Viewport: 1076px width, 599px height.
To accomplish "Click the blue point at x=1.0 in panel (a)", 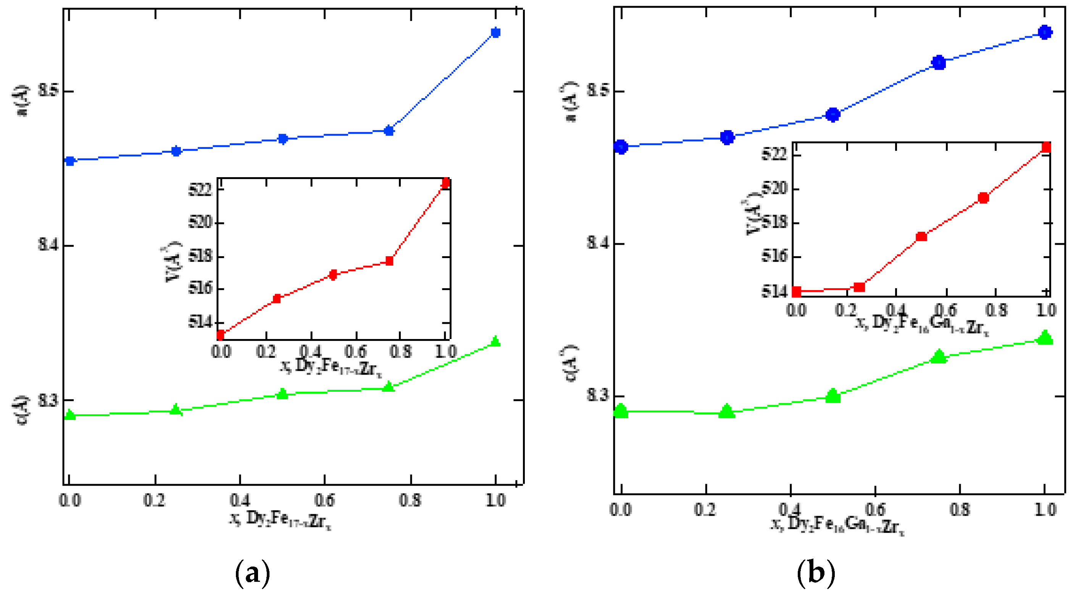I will coord(495,32).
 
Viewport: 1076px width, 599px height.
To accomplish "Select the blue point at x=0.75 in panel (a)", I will coord(389,131).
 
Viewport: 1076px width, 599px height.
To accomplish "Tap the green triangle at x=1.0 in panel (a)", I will coord(495,341).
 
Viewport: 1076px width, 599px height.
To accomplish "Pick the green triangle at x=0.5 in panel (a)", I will coord(283,394).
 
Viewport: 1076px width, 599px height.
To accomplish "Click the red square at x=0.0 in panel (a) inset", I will coord(220,334).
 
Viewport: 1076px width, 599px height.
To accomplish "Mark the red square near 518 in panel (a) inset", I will coord(389,261).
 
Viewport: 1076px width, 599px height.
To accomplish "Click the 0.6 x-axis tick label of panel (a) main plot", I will coord(324,500).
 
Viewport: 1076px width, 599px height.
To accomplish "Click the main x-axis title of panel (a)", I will coord(280,520).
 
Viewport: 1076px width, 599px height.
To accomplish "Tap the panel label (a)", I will coord(253,573).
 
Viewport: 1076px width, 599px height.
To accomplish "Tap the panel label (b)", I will coord(816,573).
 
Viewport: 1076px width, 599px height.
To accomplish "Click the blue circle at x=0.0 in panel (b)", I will coord(621,147).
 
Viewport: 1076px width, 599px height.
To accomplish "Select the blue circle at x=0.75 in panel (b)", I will coord(939,63).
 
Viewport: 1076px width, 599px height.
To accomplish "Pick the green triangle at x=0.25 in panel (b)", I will coord(727,412).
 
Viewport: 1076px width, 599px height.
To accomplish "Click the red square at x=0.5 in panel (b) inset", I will coord(921,237).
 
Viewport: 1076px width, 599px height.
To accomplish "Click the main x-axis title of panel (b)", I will coord(837,525).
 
